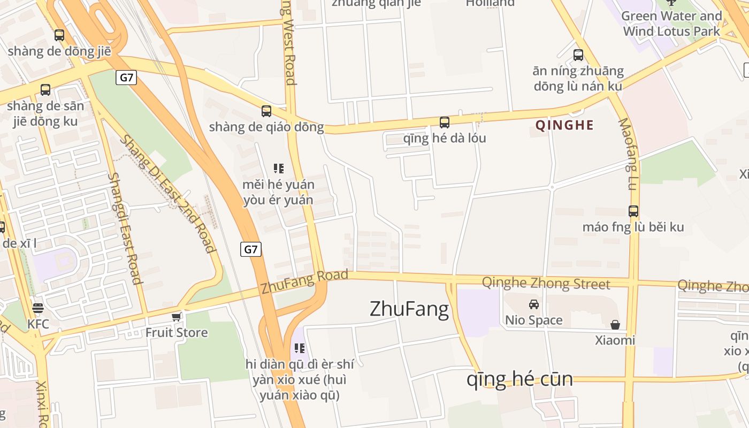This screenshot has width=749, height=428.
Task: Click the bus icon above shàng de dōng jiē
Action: coord(59,35)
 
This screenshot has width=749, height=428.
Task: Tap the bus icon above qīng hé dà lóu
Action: coord(445,123)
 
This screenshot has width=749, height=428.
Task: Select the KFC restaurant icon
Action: coord(37,308)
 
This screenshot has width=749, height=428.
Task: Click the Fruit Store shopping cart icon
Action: coord(176,317)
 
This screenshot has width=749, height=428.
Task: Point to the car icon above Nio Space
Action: coord(533,304)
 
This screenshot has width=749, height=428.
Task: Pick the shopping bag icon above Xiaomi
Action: coord(615,325)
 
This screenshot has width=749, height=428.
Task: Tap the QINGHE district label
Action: coord(564,125)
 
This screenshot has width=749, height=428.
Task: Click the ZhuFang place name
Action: coord(409,309)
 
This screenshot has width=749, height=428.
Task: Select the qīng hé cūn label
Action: coord(519,379)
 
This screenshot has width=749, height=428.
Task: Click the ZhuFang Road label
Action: coord(304,281)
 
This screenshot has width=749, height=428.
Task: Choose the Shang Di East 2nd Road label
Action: coord(167,194)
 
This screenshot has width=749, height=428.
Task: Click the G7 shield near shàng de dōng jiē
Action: coord(126,78)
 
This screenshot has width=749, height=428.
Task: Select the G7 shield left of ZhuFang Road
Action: coord(250,249)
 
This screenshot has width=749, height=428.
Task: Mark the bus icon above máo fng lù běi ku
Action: coord(633,211)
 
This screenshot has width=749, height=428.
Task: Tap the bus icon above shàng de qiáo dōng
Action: coord(266,111)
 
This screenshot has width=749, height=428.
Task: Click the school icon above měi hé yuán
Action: coord(278,169)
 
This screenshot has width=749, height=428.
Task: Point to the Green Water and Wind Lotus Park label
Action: coord(672,24)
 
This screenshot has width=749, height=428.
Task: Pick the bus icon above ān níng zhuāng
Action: coord(578,55)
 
